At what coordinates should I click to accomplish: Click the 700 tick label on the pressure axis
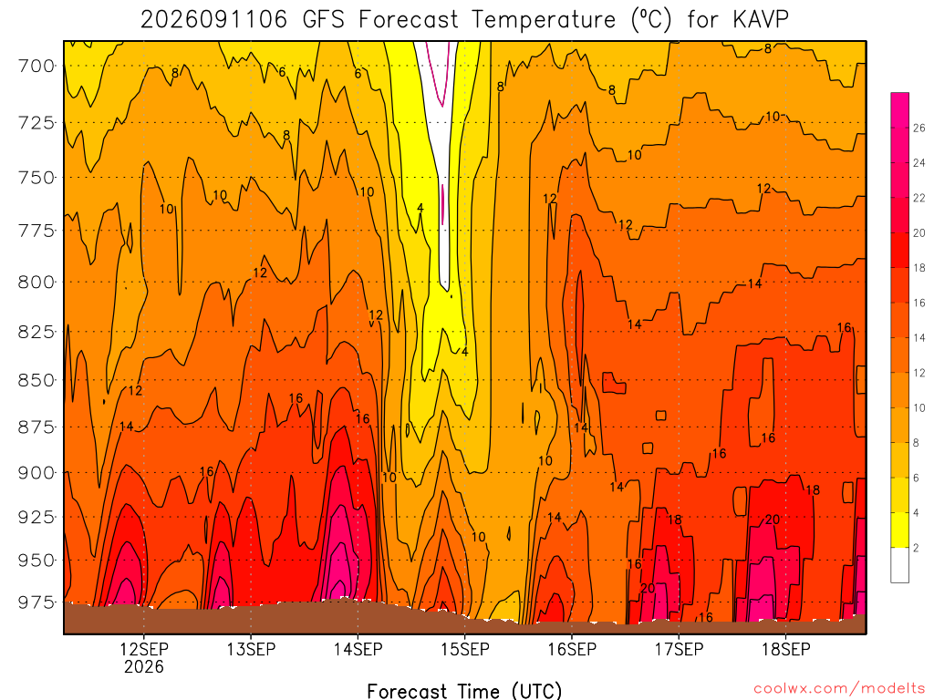tap(36, 66)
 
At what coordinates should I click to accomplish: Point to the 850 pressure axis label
tap(36, 380)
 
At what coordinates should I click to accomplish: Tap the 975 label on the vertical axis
tap(36, 602)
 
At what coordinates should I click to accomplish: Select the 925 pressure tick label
tap(36, 517)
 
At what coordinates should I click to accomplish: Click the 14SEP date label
tap(358, 649)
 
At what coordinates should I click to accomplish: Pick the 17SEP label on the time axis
tap(679, 649)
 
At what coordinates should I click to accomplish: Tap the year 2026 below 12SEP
tap(143, 666)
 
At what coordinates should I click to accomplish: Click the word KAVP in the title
tap(760, 20)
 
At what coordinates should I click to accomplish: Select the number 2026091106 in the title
tap(213, 20)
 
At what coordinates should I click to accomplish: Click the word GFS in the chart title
tap(324, 20)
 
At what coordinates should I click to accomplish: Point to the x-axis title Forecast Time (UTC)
tap(464, 691)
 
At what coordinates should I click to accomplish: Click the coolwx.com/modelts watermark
tap(839, 689)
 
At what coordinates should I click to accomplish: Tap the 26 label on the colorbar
tap(919, 128)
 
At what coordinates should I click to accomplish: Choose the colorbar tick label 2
tap(916, 548)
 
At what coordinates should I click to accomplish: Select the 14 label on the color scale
tap(919, 337)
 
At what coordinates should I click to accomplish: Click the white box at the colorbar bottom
tap(899, 565)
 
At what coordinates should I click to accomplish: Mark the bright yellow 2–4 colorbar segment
tap(899, 530)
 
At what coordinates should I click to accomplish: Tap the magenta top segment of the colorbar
tap(899, 110)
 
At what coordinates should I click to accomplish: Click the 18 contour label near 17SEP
tap(674, 520)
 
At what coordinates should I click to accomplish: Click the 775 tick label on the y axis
tap(36, 231)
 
